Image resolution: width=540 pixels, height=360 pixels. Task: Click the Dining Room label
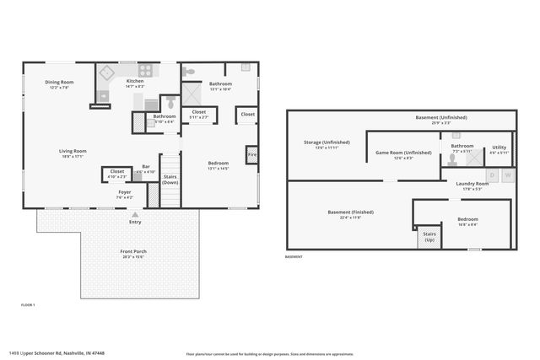[x=60, y=84]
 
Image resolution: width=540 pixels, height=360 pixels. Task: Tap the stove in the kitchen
[x=145, y=72]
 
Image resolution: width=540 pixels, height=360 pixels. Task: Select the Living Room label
[x=73, y=153]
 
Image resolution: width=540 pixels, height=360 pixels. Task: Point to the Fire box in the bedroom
[x=251, y=155]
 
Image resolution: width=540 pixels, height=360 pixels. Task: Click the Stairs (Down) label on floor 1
[x=170, y=180]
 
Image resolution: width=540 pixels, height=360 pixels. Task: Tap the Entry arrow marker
[x=135, y=217]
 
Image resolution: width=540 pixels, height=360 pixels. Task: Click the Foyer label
[x=124, y=195]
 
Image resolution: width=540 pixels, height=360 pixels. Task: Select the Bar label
[x=146, y=169]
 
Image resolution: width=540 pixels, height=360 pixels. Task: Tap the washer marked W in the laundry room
[x=507, y=175]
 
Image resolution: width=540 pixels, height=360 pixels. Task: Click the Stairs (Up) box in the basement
[x=429, y=238]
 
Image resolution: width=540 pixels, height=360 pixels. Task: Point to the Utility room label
[x=499, y=149]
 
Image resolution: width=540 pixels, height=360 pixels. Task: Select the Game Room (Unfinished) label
[x=403, y=155]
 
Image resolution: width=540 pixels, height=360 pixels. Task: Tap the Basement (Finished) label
[x=350, y=214]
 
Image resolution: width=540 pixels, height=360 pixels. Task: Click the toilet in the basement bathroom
[x=456, y=135]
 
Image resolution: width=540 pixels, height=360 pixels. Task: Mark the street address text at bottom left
[x=57, y=353]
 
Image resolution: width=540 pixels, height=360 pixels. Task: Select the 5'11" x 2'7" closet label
[x=199, y=114]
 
